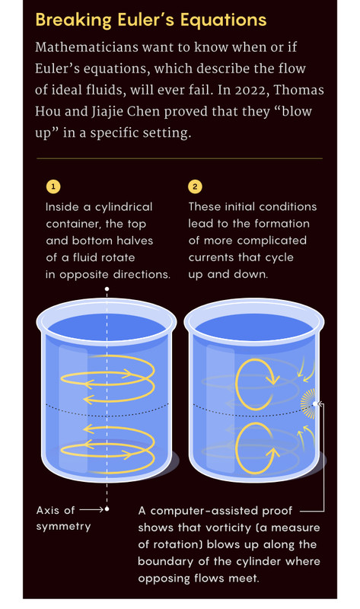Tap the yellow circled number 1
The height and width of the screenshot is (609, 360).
[x=53, y=187]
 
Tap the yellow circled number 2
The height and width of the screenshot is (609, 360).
[x=195, y=187]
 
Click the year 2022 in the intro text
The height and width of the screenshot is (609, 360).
[x=253, y=90]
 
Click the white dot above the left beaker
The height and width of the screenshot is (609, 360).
[x=107, y=289]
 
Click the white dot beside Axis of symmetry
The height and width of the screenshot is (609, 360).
[x=107, y=509]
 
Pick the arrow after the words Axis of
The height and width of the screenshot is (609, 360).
[x=91, y=509]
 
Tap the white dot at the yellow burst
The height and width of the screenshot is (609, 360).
[x=314, y=404]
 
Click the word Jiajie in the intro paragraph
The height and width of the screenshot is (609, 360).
[x=107, y=112]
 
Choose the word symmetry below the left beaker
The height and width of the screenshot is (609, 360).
[x=63, y=527]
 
